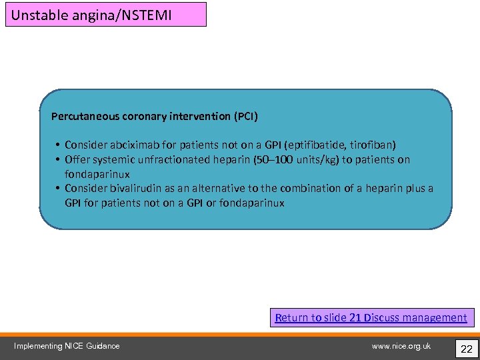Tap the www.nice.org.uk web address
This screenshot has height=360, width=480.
(401, 345)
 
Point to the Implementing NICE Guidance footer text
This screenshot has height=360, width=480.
(67, 345)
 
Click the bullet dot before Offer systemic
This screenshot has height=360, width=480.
(59, 159)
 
